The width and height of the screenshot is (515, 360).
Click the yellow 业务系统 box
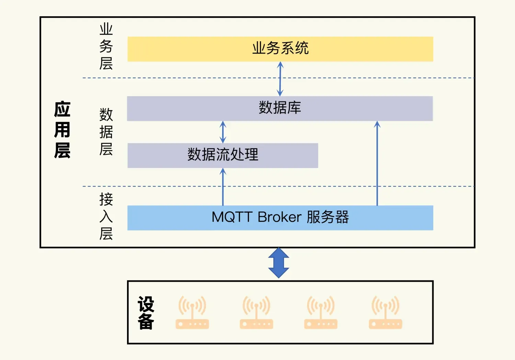tap(280, 49)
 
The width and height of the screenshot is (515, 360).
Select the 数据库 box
tap(280, 108)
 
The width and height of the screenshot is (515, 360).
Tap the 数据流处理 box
tap(222, 155)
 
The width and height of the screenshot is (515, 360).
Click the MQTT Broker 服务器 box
tap(280, 217)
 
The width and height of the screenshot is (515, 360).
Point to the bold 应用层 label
tap(62, 130)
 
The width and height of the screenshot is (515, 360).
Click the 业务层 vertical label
tap(106, 46)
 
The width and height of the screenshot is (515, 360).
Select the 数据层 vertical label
tap(106, 132)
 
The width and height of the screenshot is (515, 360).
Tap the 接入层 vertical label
tap(106, 216)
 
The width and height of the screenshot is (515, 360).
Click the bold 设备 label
tap(146, 313)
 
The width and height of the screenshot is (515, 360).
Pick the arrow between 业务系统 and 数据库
tap(280, 79)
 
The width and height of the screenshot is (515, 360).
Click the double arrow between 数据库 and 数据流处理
tap(223, 132)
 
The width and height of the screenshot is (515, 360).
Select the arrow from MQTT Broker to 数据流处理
tap(223, 187)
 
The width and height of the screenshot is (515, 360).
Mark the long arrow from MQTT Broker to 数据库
tap(377, 163)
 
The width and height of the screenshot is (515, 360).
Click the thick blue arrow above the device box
tap(278, 263)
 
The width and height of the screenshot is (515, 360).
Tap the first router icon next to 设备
tap(192, 313)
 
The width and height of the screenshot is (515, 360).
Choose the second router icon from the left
tap(256, 313)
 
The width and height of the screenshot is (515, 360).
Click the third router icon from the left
tap(321, 313)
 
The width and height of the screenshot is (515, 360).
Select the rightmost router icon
tap(385, 313)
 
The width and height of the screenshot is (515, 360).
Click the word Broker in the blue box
tap(279, 217)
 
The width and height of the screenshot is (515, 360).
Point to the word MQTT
tap(232, 217)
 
